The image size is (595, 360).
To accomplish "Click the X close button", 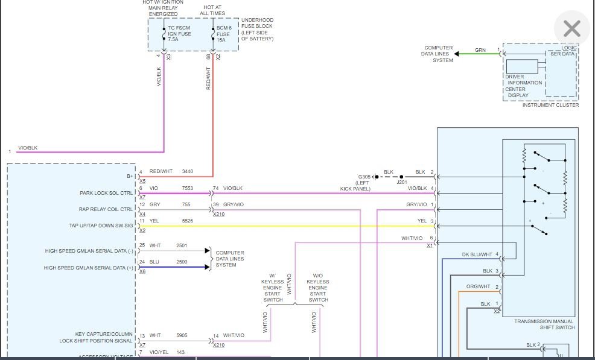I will [571, 28].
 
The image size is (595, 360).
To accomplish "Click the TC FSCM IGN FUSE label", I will [179, 33].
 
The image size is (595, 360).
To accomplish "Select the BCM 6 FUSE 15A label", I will [224, 33].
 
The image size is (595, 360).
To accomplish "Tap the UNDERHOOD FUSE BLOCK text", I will [257, 30].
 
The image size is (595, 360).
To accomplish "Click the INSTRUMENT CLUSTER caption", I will [550, 105].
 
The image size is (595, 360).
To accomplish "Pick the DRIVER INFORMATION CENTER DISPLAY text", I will [523, 86].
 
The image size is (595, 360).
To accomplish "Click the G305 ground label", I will [364, 177].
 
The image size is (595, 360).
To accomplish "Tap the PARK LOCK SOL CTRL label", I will [106, 193].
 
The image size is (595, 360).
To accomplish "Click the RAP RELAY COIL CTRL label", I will [105, 209].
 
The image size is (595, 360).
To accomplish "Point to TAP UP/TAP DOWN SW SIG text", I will [101, 226].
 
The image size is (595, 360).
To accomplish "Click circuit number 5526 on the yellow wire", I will [188, 221].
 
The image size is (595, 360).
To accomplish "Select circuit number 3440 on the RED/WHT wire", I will [188, 171].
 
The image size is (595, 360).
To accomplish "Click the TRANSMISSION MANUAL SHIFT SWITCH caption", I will [544, 324].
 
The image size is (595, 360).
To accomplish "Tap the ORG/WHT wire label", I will [479, 286].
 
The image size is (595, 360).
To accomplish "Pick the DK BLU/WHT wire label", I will [477, 254].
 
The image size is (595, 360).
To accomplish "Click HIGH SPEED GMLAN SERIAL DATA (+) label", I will [89, 268].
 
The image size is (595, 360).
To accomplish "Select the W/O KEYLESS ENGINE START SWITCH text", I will [318, 287].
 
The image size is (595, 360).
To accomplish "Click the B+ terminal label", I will [130, 176].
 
